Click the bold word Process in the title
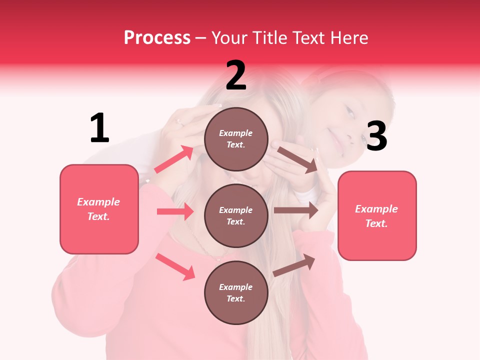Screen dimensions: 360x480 pos(157,37)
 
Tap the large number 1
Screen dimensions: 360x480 pos(99,128)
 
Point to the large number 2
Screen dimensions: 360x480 pos(236,75)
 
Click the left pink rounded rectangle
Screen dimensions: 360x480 pos(99,209)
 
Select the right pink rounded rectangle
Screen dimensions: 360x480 pos(377,215)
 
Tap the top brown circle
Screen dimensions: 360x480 pos(236,139)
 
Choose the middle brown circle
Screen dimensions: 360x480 pos(236,215)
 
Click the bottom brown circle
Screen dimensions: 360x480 pos(236,292)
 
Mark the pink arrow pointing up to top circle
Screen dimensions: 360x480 pos(174,159)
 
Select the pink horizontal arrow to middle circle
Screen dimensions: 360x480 pos(175,211)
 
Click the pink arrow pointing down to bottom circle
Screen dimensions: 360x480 pos(175,266)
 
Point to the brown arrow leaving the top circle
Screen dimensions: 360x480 pos(297,159)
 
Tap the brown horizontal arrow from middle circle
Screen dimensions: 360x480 pos(295,210)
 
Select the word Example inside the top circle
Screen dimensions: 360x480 pos(236,133)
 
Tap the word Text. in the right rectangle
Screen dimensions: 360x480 pos(376,223)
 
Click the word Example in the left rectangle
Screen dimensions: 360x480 pos(98,202)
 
